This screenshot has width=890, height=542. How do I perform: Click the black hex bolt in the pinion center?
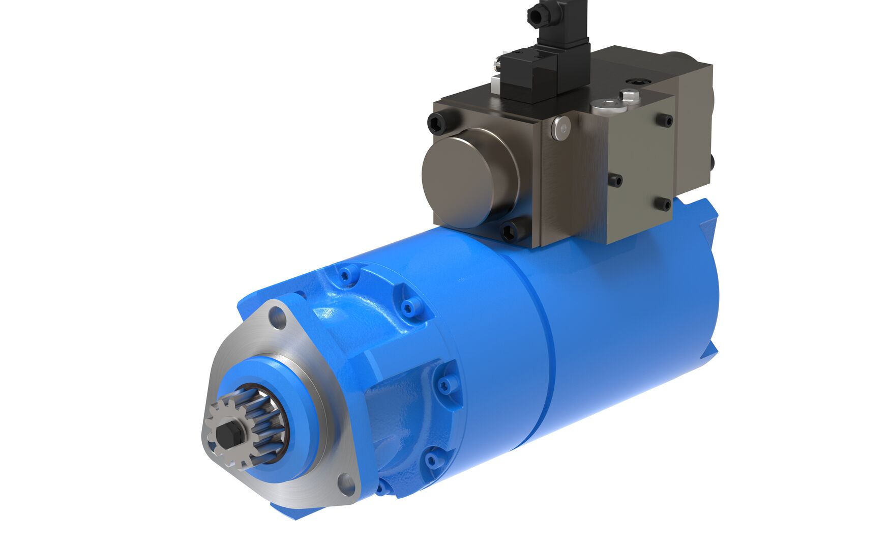226,434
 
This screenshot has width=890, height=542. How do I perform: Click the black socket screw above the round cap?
438,122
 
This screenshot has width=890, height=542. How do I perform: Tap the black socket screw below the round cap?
510,231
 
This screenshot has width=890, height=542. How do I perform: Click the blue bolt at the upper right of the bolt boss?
408,306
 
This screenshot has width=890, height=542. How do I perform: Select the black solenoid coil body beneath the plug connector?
529,76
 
